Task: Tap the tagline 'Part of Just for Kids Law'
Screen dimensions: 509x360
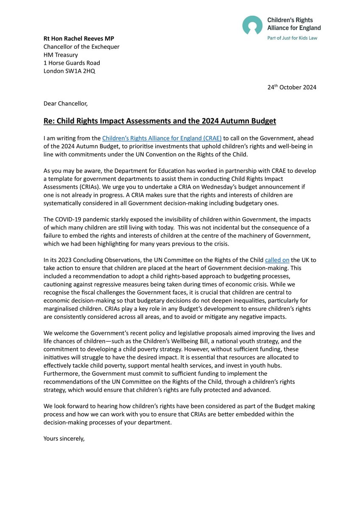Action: click(x=293, y=38)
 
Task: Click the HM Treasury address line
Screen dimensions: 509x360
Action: click(x=61, y=55)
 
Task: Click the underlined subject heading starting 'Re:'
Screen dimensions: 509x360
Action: click(x=160, y=121)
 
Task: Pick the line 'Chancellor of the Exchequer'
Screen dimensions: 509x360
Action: click(x=81, y=47)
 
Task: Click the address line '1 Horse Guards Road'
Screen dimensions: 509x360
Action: click(x=72, y=63)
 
